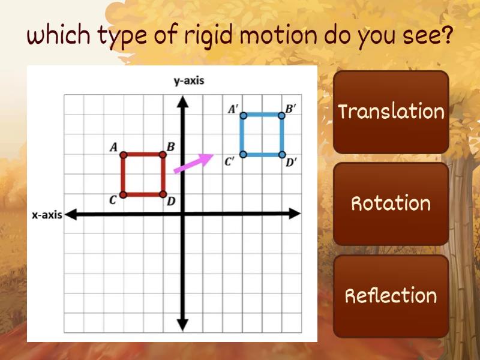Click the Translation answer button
coord(391,112)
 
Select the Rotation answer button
coord(391,203)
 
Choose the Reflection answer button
coord(391,296)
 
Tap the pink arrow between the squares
coord(193,163)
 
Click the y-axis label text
coord(188,81)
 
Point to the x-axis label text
coord(47,215)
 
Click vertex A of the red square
coord(123,155)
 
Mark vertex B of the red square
coord(163,155)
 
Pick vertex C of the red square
coord(123,194)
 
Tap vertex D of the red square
coord(163,194)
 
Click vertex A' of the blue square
coord(243,115)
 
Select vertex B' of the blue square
coord(282,115)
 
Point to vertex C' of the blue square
coord(243,154)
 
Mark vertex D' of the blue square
coord(282,154)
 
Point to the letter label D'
coord(291,163)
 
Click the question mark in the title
coord(446,36)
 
